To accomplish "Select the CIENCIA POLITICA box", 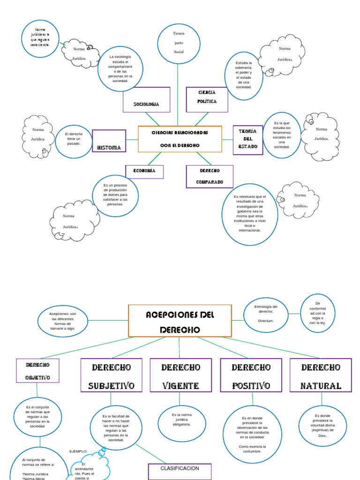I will coord(207,99).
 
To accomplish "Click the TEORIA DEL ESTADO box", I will coord(247,139).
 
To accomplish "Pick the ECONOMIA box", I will coord(144,172).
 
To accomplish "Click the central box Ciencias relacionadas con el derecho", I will coord(180,139).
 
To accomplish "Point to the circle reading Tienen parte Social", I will coord(179,42).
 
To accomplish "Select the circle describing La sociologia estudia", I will coord(120,68).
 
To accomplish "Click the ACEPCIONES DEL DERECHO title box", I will coord(180,321).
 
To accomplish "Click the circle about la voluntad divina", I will coord(323,425).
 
